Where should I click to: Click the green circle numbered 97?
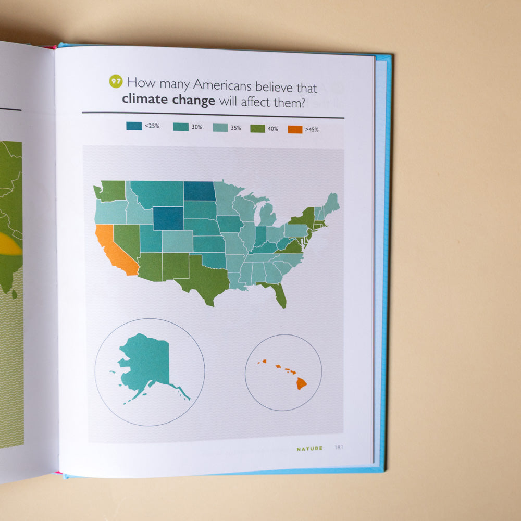pyautogui.click(x=116, y=82)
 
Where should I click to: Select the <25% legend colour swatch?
pyautogui.click(x=134, y=126)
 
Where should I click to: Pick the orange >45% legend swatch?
pyautogui.click(x=295, y=129)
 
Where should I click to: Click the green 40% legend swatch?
pyautogui.click(x=257, y=128)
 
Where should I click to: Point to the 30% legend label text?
pyautogui.click(x=197, y=127)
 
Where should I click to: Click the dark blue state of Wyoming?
pyautogui.click(x=168, y=218)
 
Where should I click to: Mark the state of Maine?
pyautogui.click(x=330, y=203)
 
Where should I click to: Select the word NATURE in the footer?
pyautogui.click(x=309, y=448)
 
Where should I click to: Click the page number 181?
pyautogui.click(x=339, y=447)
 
